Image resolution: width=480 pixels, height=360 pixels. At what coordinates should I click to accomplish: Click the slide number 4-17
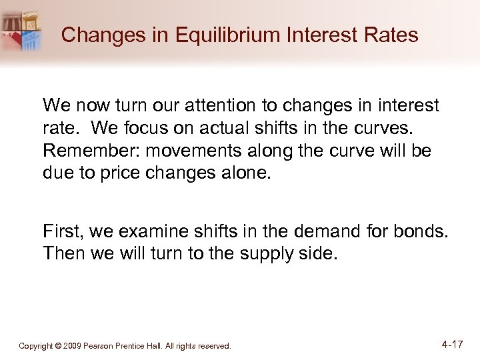point(452,345)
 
